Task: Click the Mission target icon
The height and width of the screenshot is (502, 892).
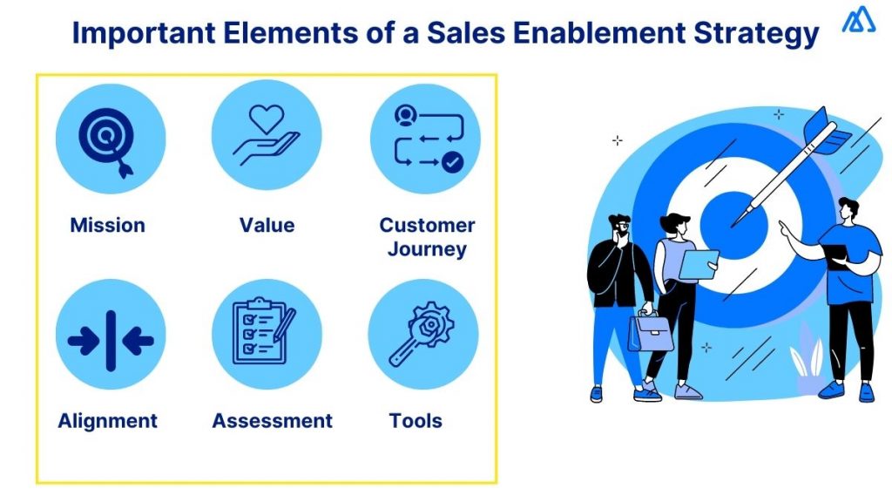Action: (x=110, y=139)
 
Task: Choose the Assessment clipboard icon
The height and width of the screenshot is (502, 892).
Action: (x=267, y=334)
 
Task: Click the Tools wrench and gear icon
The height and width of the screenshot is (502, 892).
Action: (x=423, y=334)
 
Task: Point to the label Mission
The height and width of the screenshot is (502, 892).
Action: (x=107, y=226)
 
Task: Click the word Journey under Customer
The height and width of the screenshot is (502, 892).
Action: (x=427, y=250)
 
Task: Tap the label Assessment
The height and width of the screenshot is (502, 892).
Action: (x=272, y=422)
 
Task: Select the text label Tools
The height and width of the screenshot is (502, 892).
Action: (x=416, y=422)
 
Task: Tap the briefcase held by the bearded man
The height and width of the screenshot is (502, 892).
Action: (x=650, y=331)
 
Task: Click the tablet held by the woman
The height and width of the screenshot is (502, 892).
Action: (x=699, y=264)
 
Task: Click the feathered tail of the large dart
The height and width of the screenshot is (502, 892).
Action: (x=827, y=130)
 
